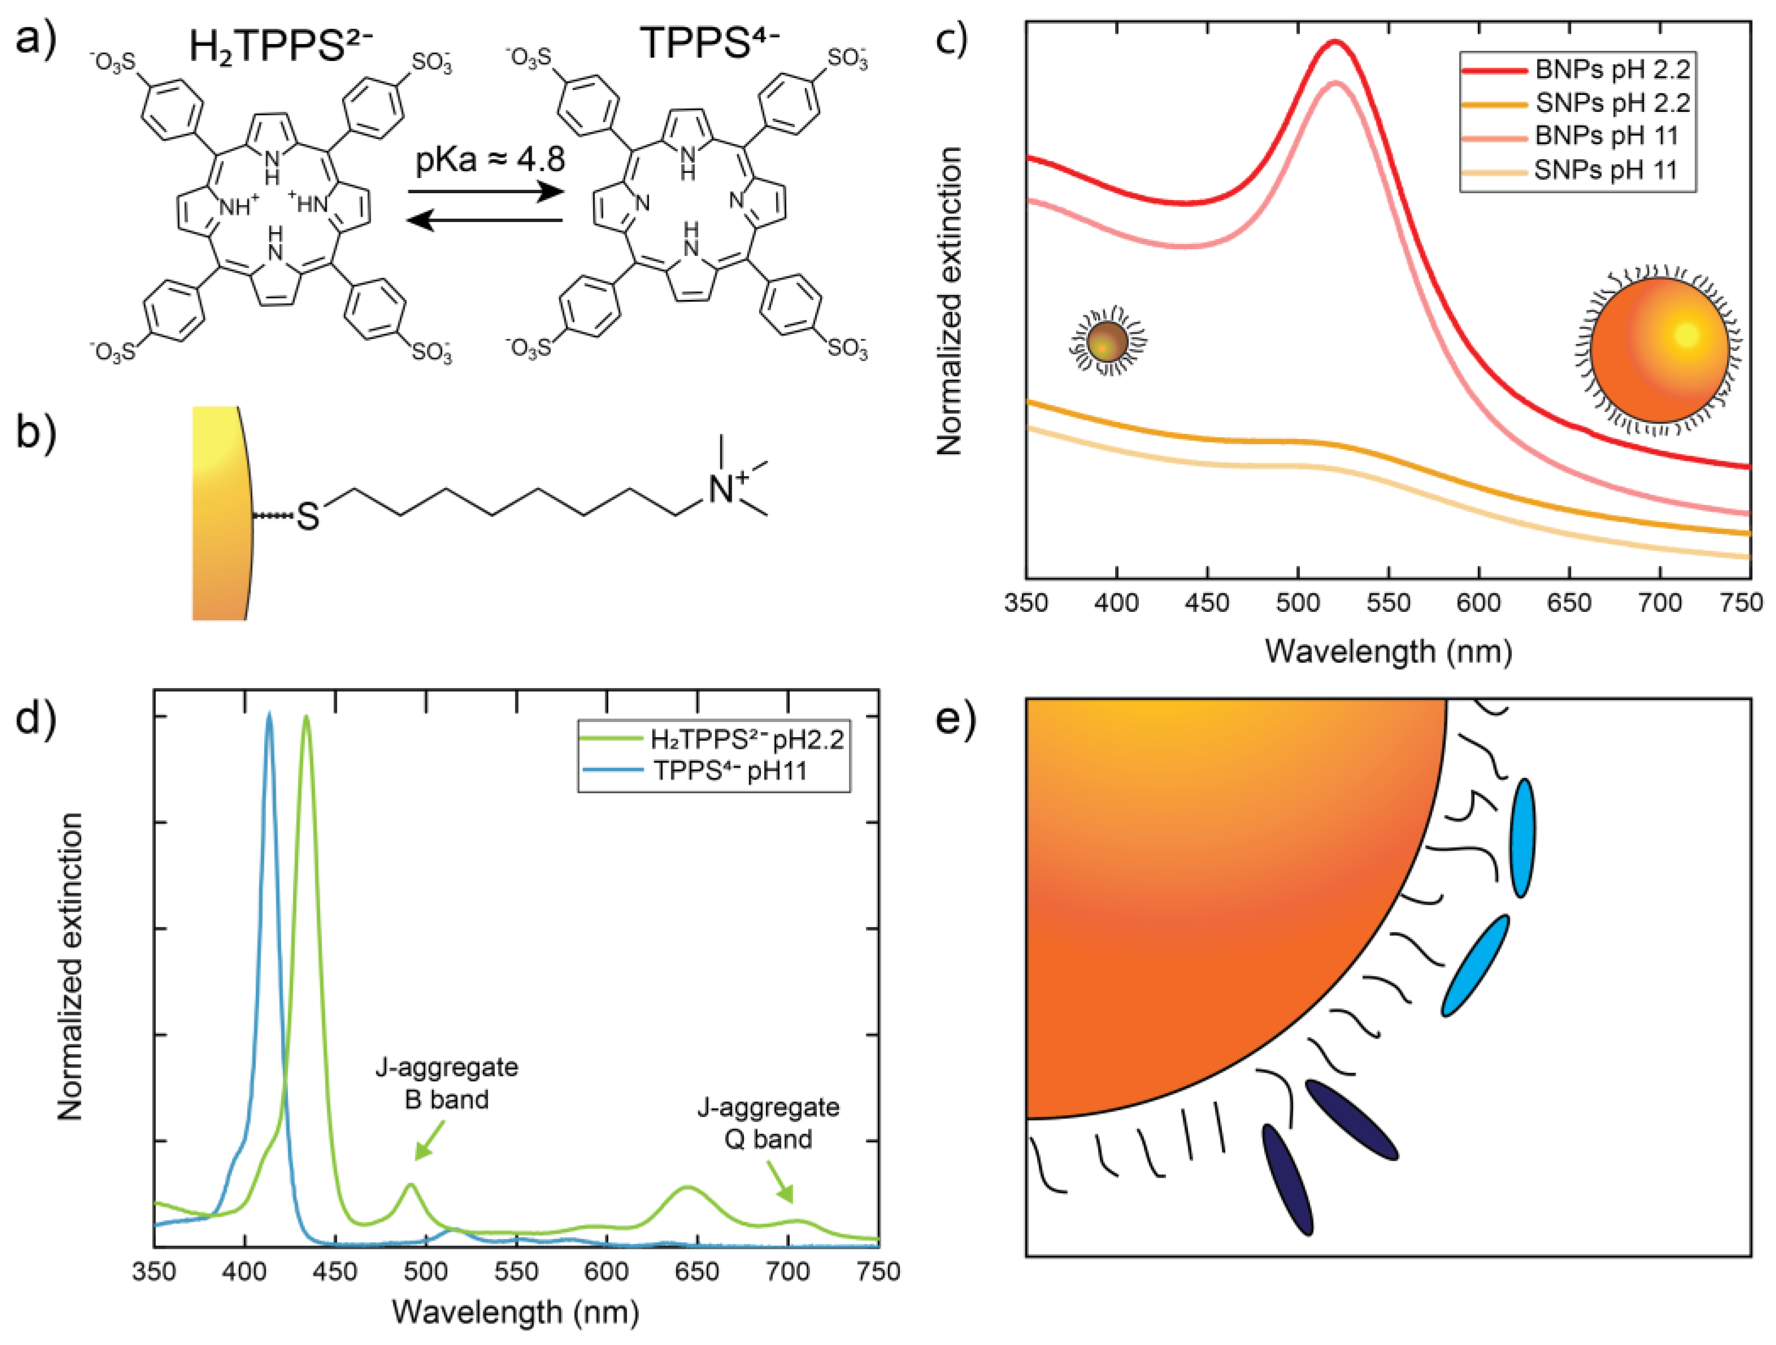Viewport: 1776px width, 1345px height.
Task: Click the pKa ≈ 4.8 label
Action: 490,160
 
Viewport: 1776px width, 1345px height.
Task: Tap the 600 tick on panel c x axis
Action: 1478,602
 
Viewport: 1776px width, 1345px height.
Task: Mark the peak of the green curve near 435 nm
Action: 305,717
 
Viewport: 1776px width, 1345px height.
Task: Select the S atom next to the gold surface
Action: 307,516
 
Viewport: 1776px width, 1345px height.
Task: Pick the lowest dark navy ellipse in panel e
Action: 1287,1179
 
